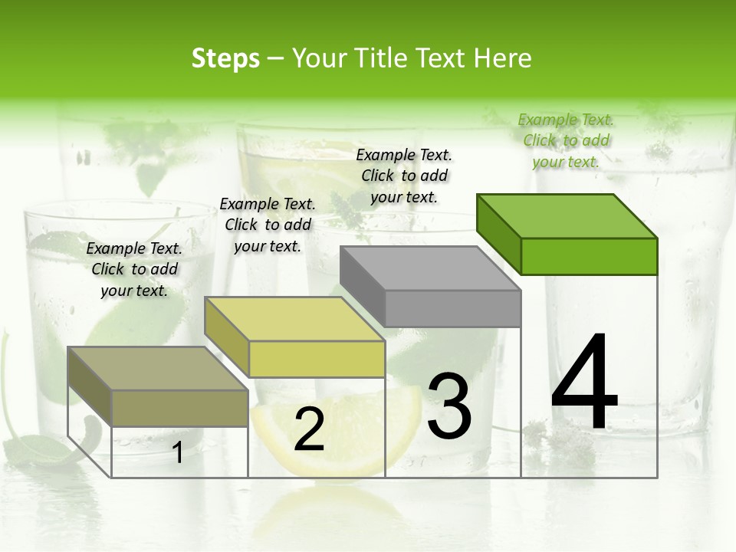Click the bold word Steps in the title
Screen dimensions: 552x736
tap(225, 58)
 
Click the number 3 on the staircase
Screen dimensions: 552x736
tap(449, 406)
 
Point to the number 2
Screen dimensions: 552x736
tap(309, 429)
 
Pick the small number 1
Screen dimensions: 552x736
tap(178, 452)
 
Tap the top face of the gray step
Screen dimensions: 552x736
tap(429, 268)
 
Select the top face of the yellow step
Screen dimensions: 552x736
tap(294, 319)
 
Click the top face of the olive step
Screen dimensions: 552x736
tap(158, 369)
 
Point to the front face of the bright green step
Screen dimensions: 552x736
tap(589, 256)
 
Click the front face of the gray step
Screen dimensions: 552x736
tap(452, 308)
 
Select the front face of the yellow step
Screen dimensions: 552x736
tap(317, 359)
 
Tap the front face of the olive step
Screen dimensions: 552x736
tap(180, 408)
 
